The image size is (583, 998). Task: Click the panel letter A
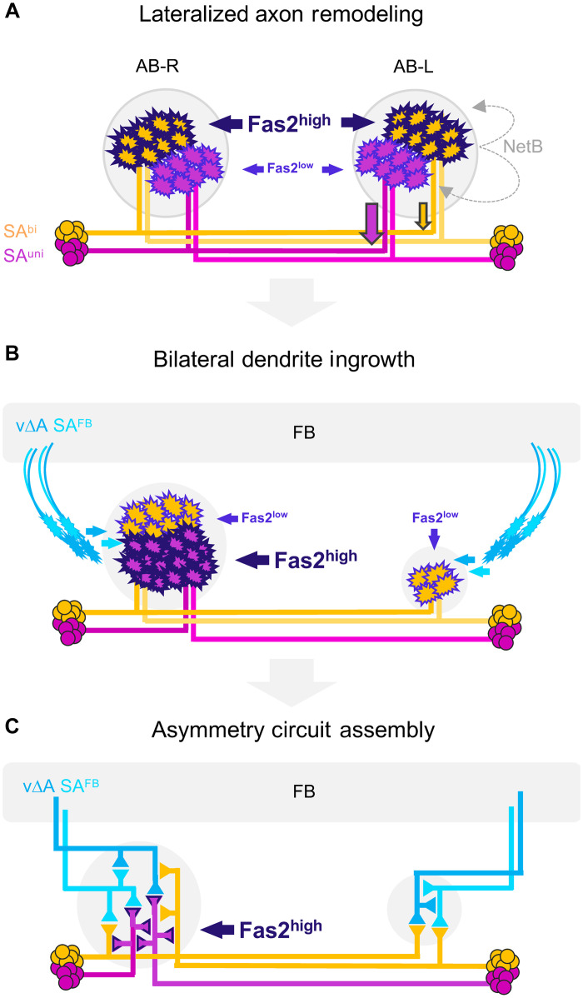pyautogui.click(x=12, y=12)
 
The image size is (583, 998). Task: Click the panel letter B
pyautogui.click(x=12, y=354)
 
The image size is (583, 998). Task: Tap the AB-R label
pyautogui.click(x=157, y=66)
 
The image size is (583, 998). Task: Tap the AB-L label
pyautogui.click(x=413, y=66)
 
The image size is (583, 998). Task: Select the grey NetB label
pyautogui.click(x=523, y=147)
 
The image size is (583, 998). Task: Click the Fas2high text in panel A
pyautogui.click(x=289, y=122)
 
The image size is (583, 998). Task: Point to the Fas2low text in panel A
pyautogui.click(x=290, y=168)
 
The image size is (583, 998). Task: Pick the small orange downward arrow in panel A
pyautogui.click(x=423, y=216)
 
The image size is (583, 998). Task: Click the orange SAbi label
pyautogui.click(x=20, y=231)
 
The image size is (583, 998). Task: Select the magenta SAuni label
pyautogui.click(x=23, y=255)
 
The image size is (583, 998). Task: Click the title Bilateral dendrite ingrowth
pyautogui.click(x=284, y=359)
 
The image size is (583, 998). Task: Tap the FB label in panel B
pyautogui.click(x=304, y=433)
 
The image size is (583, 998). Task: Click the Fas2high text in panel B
pyautogui.click(x=316, y=559)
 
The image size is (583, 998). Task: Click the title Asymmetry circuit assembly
pyautogui.click(x=293, y=730)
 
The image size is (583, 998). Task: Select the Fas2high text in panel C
pyautogui.click(x=281, y=929)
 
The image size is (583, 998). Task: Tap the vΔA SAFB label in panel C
pyautogui.click(x=61, y=786)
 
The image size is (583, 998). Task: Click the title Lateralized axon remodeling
pyautogui.click(x=282, y=15)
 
